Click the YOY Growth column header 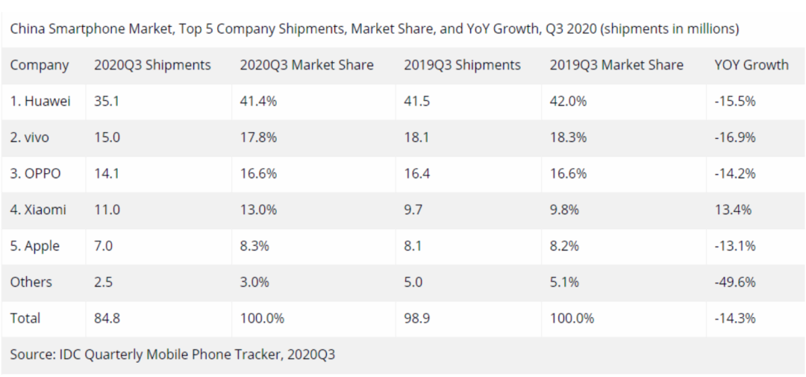click(x=751, y=65)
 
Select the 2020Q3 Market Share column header click(x=306, y=65)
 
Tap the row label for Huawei click(x=40, y=102)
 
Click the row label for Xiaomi click(x=38, y=210)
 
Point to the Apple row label click(x=35, y=246)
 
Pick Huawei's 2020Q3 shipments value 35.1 click(x=107, y=102)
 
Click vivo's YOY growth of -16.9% click(x=735, y=137)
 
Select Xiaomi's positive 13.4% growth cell click(x=732, y=210)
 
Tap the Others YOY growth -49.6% click(x=735, y=282)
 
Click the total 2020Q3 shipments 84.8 click(x=107, y=318)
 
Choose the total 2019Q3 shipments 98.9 click(x=416, y=318)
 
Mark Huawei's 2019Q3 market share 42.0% click(x=568, y=102)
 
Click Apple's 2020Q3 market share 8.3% click(x=255, y=246)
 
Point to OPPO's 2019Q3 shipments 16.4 click(x=416, y=174)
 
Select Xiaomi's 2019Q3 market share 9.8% click(x=565, y=210)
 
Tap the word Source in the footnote click(x=31, y=355)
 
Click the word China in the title click(x=26, y=29)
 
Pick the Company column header click(x=40, y=65)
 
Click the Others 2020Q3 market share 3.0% click(x=255, y=282)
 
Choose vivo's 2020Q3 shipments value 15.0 click(x=107, y=137)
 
